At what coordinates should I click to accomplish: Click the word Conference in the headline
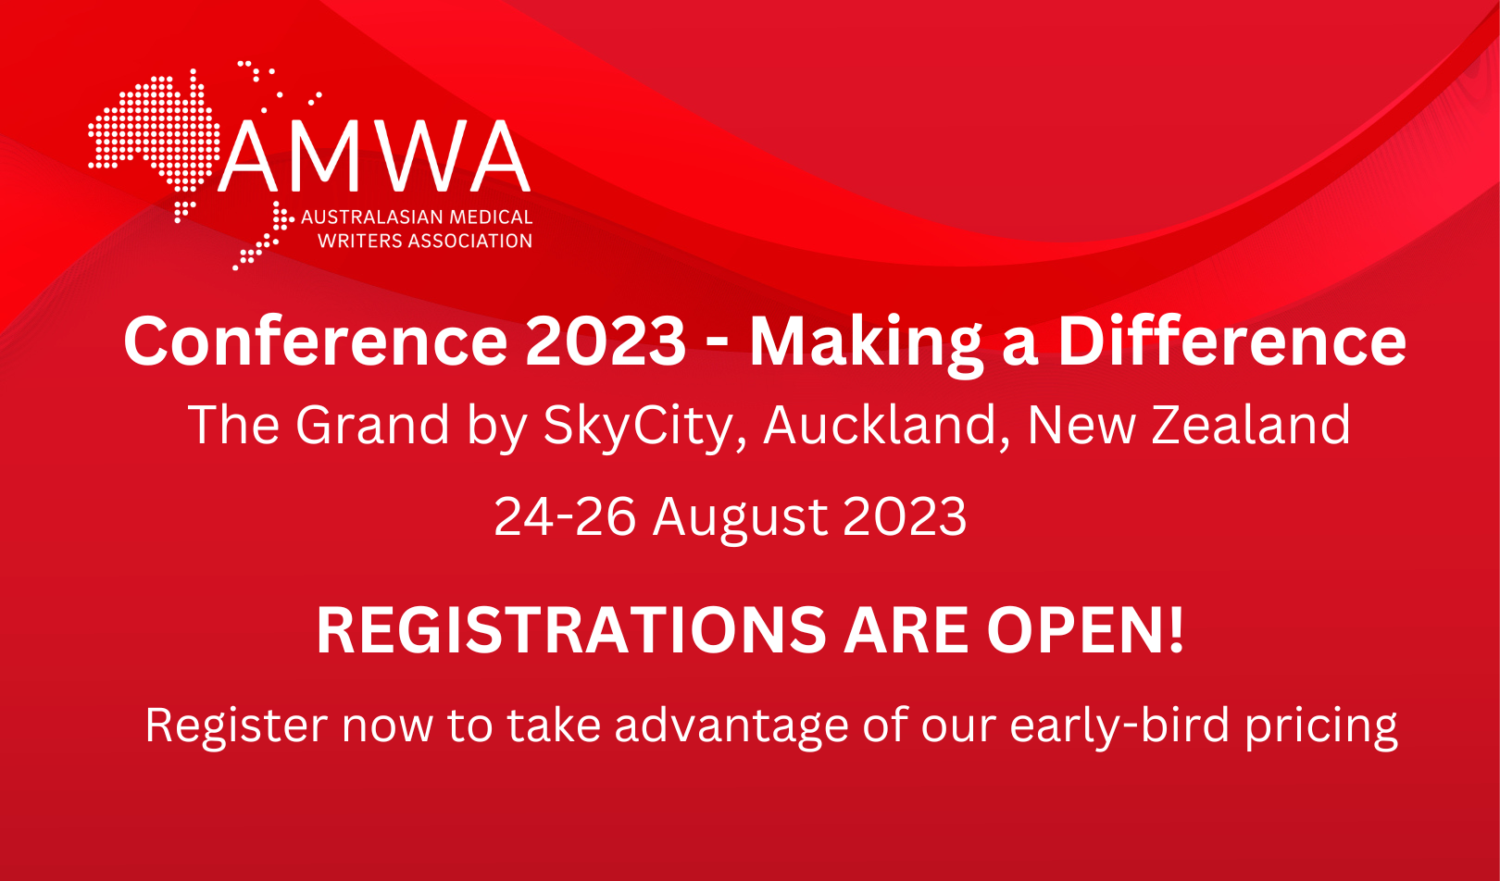(315, 341)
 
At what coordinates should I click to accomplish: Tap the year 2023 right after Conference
(606, 341)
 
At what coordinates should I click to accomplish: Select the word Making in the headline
(866, 342)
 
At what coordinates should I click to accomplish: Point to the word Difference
(1231, 341)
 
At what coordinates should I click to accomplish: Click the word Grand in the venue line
(372, 425)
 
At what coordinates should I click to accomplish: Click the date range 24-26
(565, 515)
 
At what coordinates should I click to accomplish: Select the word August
(741, 517)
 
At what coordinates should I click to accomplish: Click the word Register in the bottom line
(236, 726)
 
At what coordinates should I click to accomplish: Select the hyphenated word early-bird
(1119, 726)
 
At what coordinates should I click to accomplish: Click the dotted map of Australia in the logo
(153, 134)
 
